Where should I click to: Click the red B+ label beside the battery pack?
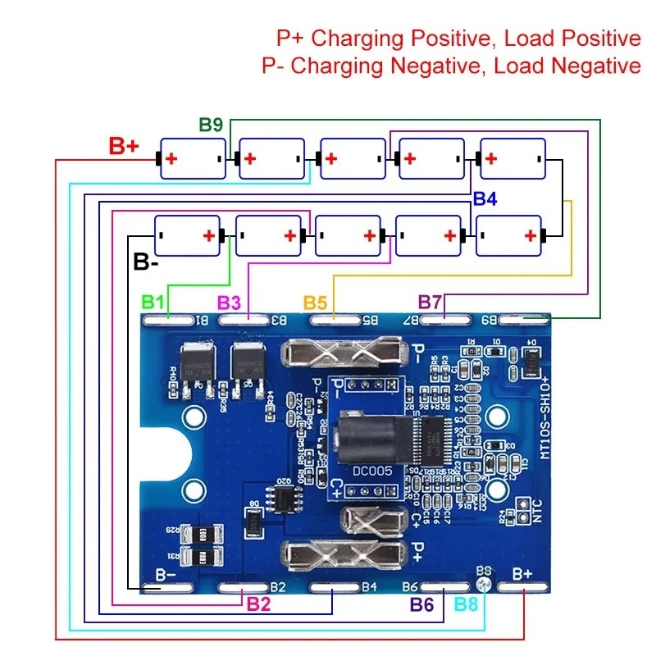[124, 146]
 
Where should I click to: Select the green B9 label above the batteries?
[211, 125]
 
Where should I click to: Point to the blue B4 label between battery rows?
[485, 199]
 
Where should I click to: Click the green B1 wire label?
[153, 301]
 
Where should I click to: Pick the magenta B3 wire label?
[229, 301]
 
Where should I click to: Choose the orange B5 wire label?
[316, 301]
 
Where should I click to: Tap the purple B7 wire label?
[430, 301]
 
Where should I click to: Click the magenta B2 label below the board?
[258, 604]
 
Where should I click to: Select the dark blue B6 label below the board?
[421, 604]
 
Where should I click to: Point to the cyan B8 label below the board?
[466, 604]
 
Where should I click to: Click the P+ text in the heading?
[291, 38]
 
